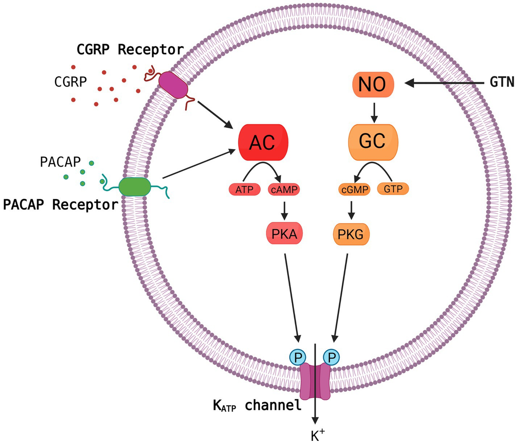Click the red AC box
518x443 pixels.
263,142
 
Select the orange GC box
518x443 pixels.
373,142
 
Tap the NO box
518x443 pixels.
373,84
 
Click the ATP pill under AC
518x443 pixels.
244,189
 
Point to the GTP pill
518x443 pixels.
393,189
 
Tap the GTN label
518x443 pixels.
502,82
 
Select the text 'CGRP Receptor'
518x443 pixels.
130,50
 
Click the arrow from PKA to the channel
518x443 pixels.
291,298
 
